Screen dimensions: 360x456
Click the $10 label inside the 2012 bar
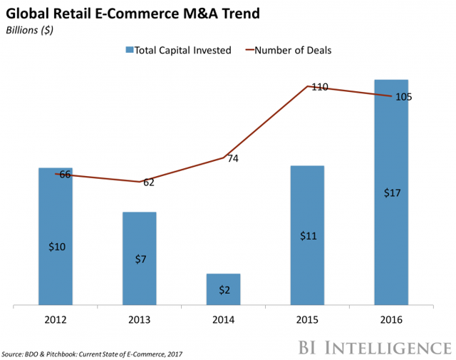[56, 247]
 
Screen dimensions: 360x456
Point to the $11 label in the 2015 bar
[307, 236]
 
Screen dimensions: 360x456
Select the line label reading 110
[319, 87]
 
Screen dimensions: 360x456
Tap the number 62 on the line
[148, 182]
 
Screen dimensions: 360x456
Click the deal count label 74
[232, 159]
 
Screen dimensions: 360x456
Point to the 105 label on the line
[403, 97]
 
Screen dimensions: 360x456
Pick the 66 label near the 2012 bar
[65, 174]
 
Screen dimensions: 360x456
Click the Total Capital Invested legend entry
[178, 50]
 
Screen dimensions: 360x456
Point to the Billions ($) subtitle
[29, 30]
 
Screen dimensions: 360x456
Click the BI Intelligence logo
[370, 347]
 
